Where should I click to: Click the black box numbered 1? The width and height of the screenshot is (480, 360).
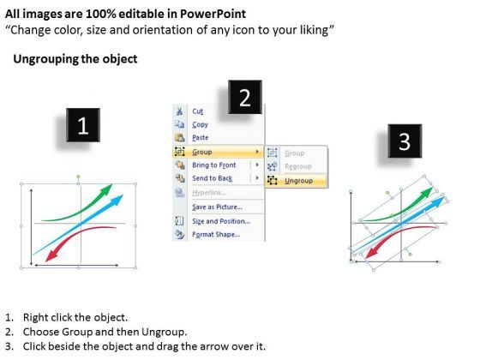coord(82,128)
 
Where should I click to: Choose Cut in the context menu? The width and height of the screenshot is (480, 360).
coord(198,111)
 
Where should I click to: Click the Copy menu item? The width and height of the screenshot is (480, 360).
coord(201,124)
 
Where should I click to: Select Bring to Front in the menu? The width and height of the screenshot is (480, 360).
coord(215,165)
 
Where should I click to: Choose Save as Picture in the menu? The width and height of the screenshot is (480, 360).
coord(217,206)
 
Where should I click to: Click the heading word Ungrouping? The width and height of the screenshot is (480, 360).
coord(41,59)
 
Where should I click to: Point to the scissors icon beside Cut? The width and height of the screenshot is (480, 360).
coord(179,111)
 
